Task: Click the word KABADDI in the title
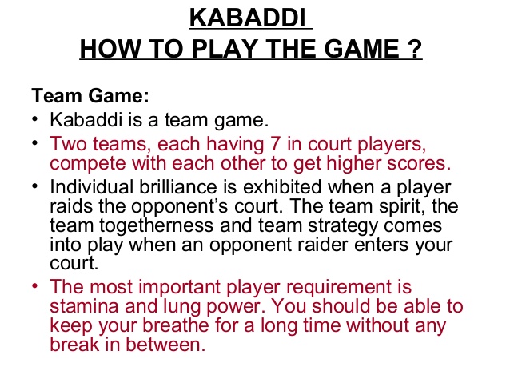(x=250, y=18)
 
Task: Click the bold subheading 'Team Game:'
(x=90, y=97)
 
